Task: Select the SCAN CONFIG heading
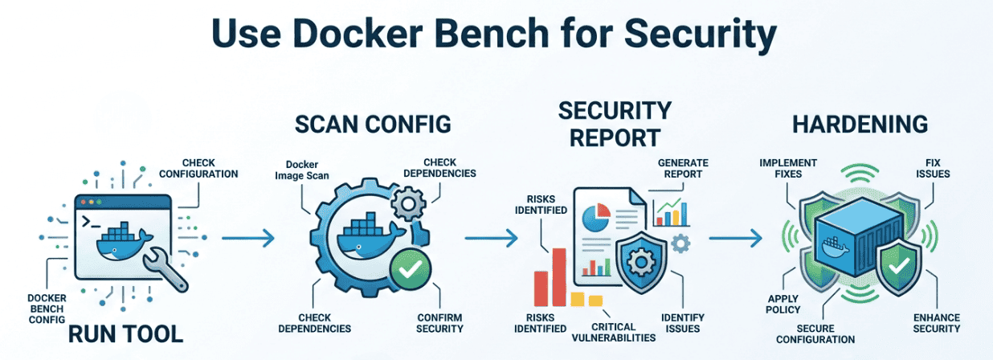pos(373,125)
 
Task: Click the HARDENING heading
pos(860,125)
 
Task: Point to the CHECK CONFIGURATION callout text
pos(198,167)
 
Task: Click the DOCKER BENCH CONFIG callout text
pos(47,309)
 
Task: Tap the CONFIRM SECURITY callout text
pos(440,322)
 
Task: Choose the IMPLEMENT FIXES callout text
pos(788,168)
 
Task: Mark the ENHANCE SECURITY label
pos(937,322)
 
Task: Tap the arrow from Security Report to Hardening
pos(734,238)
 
